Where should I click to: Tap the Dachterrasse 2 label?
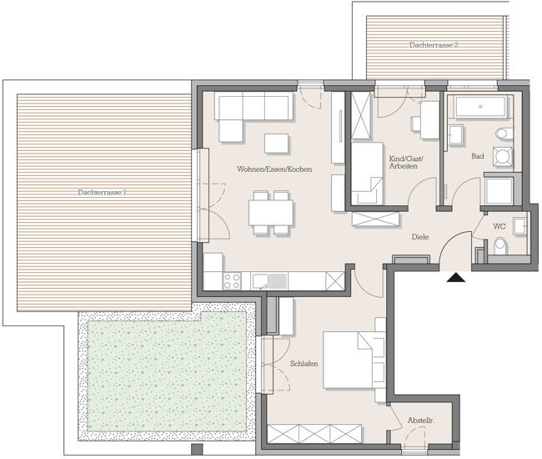click(434, 44)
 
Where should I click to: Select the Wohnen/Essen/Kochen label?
click(274, 169)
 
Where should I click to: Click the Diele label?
click(420, 237)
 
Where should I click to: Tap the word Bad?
click(477, 156)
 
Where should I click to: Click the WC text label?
click(499, 226)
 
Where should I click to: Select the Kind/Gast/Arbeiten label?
click(404, 162)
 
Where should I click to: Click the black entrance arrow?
click(454, 279)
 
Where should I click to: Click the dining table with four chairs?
click(272, 212)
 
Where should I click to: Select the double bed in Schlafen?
click(350, 361)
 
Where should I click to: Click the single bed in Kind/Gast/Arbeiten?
click(366, 174)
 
